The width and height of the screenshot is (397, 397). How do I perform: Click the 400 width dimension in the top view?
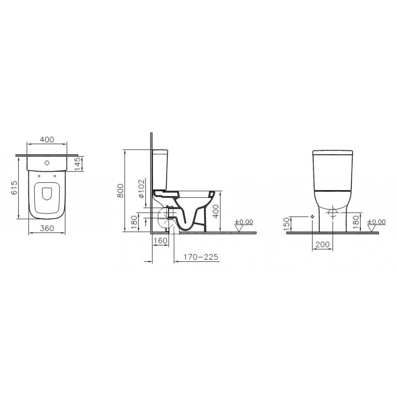(x=46, y=140)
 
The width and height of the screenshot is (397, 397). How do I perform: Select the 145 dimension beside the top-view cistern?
(x=78, y=163)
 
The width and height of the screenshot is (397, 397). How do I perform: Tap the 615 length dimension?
(x=13, y=187)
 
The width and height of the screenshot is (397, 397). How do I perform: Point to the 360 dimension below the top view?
(x=46, y=229)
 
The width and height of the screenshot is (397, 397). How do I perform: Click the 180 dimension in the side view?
(x=134, y=223)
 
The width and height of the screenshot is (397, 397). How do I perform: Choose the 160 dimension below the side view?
(x=160, y=240)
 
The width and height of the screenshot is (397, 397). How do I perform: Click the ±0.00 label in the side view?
(x=244, y=222)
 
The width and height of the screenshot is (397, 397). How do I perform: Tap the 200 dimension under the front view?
(x=322, y=245)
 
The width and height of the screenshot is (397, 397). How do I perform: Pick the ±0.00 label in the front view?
(x=377, y=222)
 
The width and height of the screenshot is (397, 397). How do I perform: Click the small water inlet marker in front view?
(x=312, y=217)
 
